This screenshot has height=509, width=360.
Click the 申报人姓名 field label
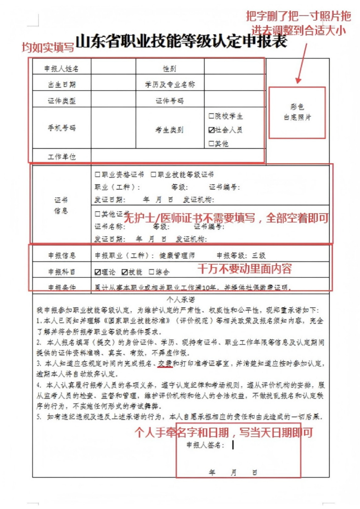tap(61, 69)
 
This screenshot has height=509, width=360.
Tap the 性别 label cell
tap(170, 69)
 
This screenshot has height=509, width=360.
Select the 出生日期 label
tap(61, 84)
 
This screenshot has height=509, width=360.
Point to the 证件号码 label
tap(170, 101)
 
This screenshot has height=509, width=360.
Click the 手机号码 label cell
tap(61, 128)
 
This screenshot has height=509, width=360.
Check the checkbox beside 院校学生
tap(211, 116)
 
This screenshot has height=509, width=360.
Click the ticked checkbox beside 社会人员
tap(211, 130)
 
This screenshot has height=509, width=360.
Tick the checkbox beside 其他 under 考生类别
tap(211, 144)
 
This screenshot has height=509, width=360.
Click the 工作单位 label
tap(61, 157)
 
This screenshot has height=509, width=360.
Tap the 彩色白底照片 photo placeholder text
tap(297, 112)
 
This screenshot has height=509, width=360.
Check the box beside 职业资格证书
tap(97, 175)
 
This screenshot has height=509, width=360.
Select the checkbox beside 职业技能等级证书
tap(154, 175)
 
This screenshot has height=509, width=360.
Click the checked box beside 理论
tap(97, 272)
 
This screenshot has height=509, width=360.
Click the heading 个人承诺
tap(180, 300)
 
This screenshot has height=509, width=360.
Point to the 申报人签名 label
tap(205, 445)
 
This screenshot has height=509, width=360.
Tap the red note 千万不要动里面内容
tap(244, 269)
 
